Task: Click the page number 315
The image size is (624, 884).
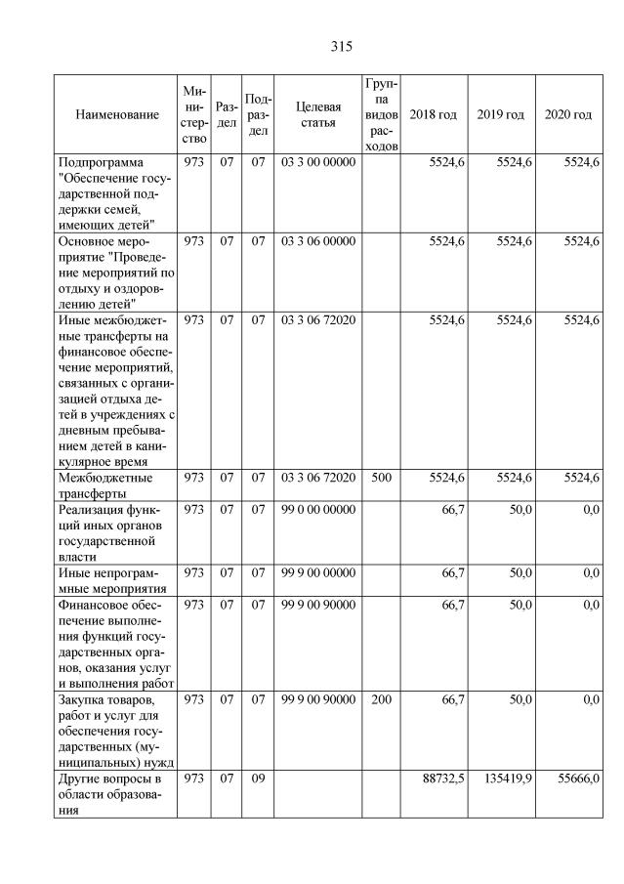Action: coord(341,46)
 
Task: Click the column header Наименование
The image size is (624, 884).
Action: coord(116,115)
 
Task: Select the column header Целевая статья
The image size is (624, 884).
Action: coord(317,115)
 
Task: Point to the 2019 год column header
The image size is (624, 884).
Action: coord(500,115)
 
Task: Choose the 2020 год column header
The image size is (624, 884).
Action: coord(567,115)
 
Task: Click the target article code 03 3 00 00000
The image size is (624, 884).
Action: coord(317,161)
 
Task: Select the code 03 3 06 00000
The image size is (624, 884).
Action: coord(317,240)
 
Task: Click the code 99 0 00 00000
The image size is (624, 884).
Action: coord(317,509)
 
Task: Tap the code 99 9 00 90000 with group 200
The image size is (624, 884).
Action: coord(317,700)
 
